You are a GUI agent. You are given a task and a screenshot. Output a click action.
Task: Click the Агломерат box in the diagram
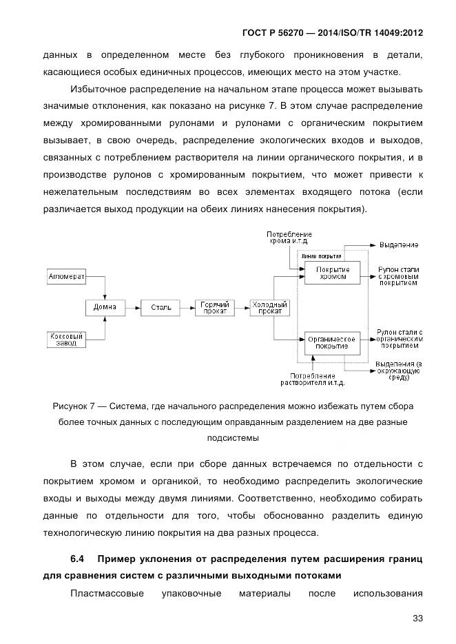coord(67,278)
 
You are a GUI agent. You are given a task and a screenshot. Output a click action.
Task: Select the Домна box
coord(105,307)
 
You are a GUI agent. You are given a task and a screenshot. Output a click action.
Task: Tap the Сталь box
coord(160,307)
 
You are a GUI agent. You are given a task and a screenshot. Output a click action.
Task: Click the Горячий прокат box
coord(215,307)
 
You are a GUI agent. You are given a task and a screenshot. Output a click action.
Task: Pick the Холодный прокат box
coord(269,307)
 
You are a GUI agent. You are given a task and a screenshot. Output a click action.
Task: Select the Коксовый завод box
coord(66,340)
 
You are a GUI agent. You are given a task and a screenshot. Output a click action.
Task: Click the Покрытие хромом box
coord(333,273)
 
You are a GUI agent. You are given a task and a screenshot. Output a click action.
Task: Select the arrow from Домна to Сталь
coord(132,307)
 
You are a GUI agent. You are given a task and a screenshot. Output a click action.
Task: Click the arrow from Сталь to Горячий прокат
coord(187,307)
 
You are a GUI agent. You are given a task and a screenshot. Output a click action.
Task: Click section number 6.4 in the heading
coord(76,556)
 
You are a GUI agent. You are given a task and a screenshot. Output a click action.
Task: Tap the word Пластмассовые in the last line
coord(102,592)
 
